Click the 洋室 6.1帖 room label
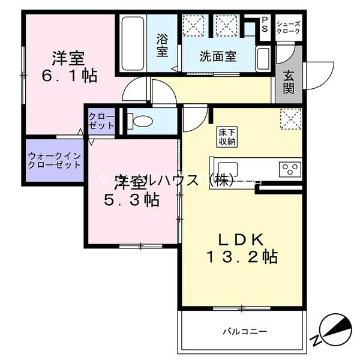(x=67, y=68)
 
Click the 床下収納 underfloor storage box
(x=227, y=137)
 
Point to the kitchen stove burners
(x=290, y=169)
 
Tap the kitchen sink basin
(x=228, y=169)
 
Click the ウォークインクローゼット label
(x=54, y=160)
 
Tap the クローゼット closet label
(x=100, y=121)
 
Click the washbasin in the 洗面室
(x=262, y=58)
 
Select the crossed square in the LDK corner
(x=290, y=118)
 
